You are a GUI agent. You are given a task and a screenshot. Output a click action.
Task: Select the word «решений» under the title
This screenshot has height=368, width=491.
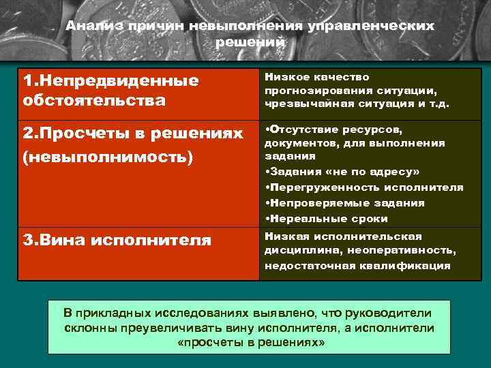pos(250,42)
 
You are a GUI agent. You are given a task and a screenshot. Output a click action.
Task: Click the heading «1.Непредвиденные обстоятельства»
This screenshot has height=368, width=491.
pos(110,91)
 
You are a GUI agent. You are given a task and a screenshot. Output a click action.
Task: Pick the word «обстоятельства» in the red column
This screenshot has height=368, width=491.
pos(94,101)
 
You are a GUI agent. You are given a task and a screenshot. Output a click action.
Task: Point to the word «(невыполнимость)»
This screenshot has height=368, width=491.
pos(108,156)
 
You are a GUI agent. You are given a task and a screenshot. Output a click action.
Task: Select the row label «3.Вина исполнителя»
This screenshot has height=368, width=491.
pos(117,240)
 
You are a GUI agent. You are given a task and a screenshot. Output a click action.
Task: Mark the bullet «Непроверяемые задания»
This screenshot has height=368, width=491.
pos(346,202)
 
